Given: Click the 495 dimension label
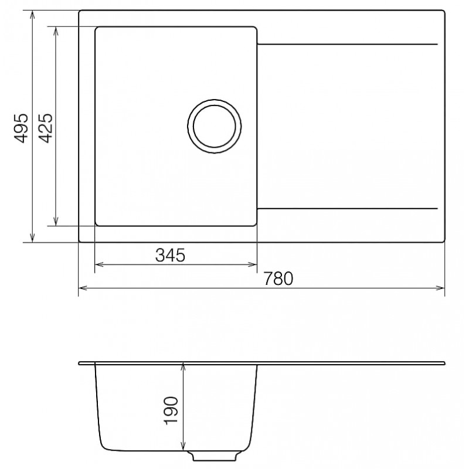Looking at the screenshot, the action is (x=21, y=128).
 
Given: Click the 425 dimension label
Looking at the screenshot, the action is (x=46, y=128).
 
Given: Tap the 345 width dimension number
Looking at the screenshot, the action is (x=170, y=255).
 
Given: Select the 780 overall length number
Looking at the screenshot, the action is (x=278, y=278).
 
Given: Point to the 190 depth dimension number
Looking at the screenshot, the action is (x=171, y=410).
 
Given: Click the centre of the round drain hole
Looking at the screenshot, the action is (x=214, y=126).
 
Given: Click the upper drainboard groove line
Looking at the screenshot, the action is (x=347, y=45).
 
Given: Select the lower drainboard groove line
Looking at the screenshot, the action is (x=347, y=208).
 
